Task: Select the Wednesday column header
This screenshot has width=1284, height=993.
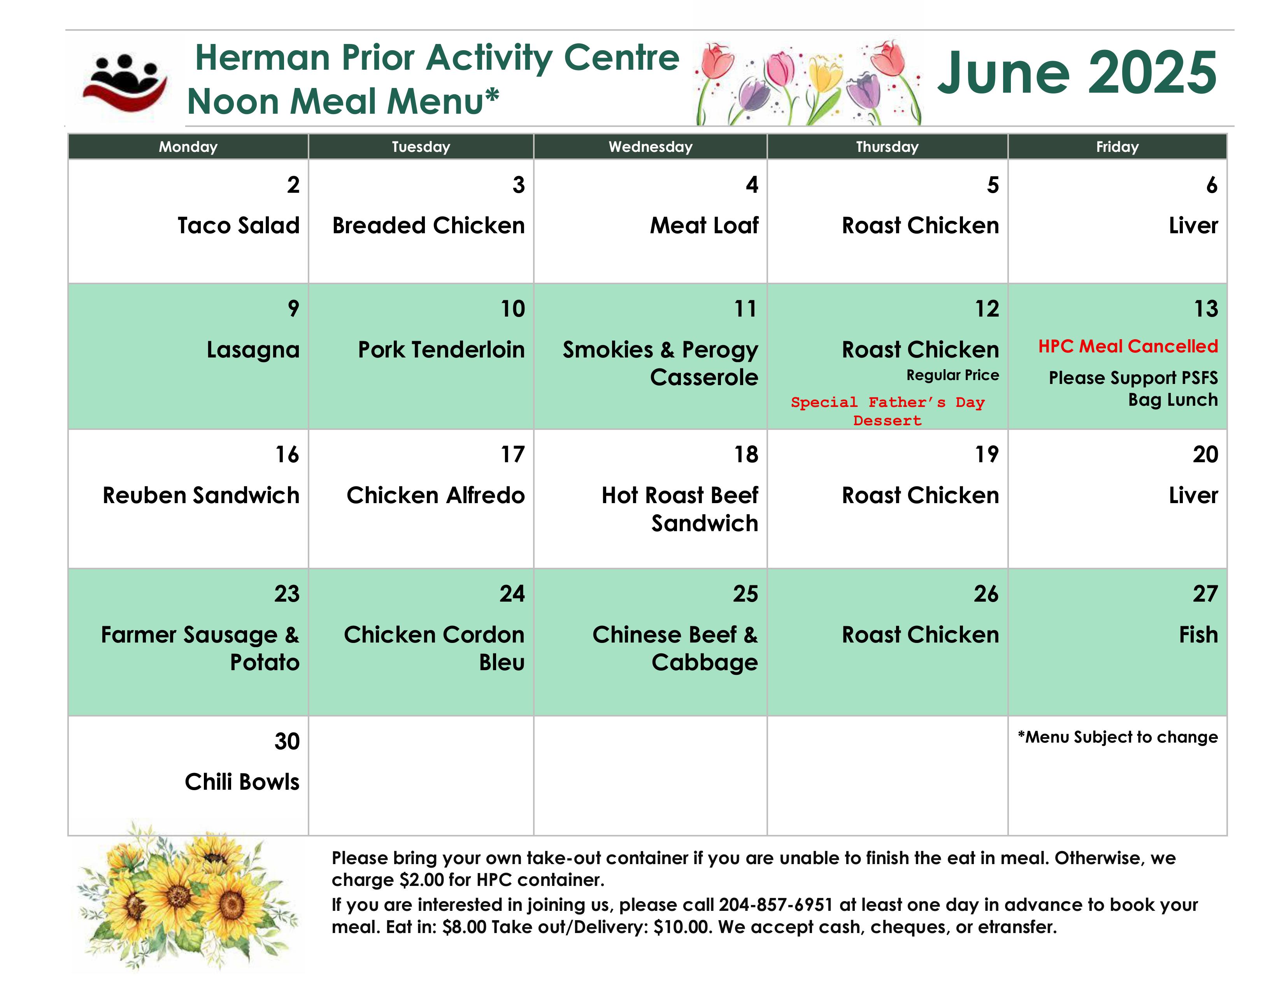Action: pos(650,146)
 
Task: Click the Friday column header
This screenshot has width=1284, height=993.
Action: pos(1117,146)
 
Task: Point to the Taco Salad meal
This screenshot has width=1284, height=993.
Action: pos(239,225)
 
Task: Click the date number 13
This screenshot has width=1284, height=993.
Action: pos(1206,309)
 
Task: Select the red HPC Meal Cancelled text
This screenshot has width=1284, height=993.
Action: pos(1128,346)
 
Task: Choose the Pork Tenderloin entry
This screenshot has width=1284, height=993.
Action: pos(441,349)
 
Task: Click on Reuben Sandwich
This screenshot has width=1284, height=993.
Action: pos(201,495)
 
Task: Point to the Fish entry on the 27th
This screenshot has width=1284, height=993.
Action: pos(1198,635)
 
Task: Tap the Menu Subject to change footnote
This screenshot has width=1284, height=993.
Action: pos(1117,737)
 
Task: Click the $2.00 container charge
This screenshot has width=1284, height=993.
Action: pos(421,879)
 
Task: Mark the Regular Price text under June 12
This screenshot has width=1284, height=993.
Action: pos(952,375)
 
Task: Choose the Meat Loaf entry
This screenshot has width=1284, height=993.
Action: pos(704,225)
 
